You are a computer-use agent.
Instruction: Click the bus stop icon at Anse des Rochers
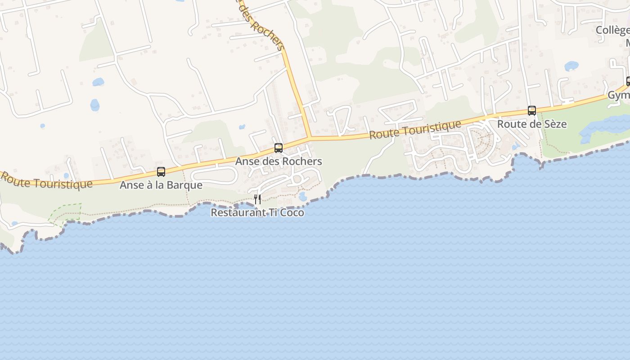click(279, 148)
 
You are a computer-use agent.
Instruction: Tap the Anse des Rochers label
click(279, 161)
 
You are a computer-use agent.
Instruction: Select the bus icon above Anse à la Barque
click(161, 171)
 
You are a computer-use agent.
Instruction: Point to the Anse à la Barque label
click(161, 185)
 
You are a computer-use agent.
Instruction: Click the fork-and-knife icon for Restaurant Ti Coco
click(257, 199)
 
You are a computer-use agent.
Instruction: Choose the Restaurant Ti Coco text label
click(257, 212)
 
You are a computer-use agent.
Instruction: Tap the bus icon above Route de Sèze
click(531, 110)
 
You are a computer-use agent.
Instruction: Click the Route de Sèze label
click(531, 124)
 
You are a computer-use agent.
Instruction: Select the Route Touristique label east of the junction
click(415, 130)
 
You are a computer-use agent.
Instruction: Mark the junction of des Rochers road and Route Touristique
click(310, 137)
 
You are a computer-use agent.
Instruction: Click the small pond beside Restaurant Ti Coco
click(302, 197)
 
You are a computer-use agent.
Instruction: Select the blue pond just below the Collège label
click(571, 66)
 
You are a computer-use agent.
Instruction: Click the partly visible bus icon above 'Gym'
click(628, 81)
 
